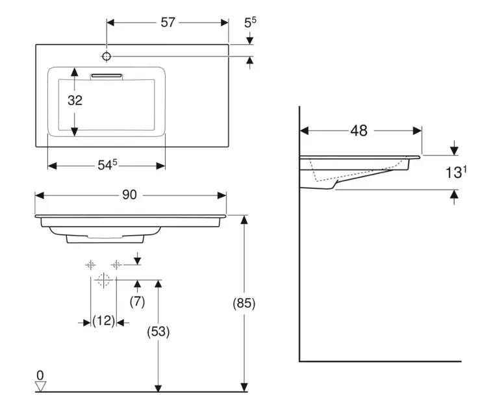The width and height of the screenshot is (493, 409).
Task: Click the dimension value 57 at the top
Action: (x=168, y=22)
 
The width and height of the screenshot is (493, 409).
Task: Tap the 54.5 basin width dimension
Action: (x=107, y=166)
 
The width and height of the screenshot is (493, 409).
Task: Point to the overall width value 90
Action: (x=129, y=195)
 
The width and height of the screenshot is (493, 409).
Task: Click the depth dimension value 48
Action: (x=359, y=130)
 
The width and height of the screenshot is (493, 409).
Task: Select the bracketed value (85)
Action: (x=244, y=303)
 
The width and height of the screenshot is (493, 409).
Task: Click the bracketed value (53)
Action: (x=158, y=332)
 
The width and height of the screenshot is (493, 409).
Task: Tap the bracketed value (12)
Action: (x=103, y=321)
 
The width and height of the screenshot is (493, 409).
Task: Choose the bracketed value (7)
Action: (x=137, y=301)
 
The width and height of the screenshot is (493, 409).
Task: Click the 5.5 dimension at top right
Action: (x=250, y=22)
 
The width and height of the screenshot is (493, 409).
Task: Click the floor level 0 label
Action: (x=40, y=375)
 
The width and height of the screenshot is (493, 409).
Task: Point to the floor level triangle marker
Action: (x=41, y=386)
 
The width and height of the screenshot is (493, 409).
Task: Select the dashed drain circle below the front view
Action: (x=102, y=280)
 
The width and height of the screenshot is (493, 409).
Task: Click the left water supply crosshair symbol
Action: (x=90, y=264)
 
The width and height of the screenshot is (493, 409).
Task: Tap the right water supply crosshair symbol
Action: (x=116, y=264)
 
